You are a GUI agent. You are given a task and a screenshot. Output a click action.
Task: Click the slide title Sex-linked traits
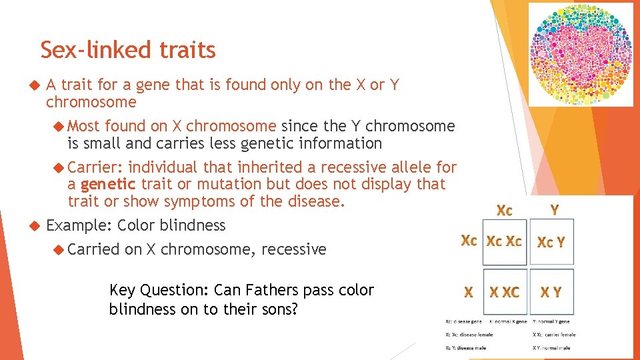128,50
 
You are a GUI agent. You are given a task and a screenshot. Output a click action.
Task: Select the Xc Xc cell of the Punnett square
504,241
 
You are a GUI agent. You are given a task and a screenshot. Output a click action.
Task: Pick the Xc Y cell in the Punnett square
551,241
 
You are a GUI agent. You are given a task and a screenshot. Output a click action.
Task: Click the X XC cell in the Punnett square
504,292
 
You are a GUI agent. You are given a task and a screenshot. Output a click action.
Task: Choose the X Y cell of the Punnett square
551,292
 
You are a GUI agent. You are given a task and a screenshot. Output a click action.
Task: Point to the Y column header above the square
554,210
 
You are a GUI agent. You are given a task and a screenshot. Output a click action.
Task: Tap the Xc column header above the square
505,210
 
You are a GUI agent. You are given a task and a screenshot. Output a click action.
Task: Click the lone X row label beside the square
469,292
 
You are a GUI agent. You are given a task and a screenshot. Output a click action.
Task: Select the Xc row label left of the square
469,241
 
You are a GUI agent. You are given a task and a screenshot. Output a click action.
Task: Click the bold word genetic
108,184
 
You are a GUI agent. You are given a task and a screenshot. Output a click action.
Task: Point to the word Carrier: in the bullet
95,167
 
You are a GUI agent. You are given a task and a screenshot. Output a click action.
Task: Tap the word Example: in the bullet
79,225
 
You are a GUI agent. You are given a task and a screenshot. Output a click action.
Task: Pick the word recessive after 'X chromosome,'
294,249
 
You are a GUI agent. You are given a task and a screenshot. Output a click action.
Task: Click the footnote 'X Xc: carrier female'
554,334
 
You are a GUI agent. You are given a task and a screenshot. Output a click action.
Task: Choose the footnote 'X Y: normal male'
551,347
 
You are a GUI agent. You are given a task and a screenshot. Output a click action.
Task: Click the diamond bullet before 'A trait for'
37,85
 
